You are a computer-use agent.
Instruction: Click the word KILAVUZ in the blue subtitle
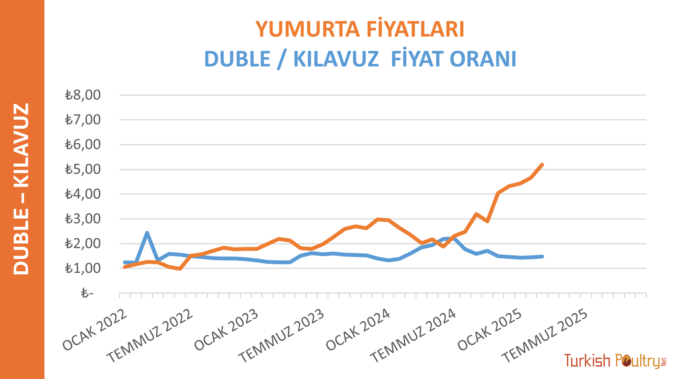tap(336, 59)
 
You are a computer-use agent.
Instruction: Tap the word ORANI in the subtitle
tap(483, 59)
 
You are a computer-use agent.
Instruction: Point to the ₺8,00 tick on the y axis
tap(83, 95)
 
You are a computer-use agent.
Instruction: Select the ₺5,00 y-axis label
tap(83, 169)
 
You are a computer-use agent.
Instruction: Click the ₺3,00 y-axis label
tap(83, 219)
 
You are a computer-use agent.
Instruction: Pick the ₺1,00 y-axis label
tap(83, 268)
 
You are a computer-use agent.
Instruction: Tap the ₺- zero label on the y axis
tap(87, 293)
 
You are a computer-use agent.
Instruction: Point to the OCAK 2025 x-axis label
tap(490, 330)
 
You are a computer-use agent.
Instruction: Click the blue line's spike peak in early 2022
tap(147, 233)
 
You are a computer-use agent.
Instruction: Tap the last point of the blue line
tap(542, 256)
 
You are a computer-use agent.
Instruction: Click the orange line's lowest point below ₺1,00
tap(180, 269)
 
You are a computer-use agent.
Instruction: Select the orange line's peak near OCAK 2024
tap(378, 219)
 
